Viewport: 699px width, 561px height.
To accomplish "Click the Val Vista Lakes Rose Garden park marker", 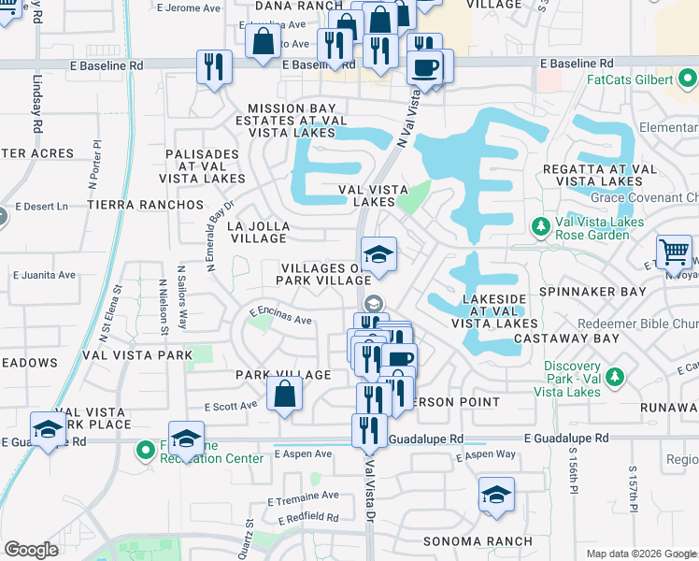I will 540,226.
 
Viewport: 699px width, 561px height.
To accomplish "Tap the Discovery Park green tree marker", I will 615,377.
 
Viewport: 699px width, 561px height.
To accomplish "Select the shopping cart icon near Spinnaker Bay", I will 674,252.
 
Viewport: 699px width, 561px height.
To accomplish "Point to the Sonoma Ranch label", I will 478,541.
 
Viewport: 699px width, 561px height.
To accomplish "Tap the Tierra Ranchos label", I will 145,204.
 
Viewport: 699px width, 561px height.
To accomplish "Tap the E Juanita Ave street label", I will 44,275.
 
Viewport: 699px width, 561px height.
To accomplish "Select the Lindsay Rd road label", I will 38,105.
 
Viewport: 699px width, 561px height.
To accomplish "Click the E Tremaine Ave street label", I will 302,496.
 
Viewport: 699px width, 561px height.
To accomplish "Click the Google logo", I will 31,550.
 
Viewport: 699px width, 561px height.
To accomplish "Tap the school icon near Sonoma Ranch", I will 496,495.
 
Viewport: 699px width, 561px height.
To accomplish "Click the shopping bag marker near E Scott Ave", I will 284,394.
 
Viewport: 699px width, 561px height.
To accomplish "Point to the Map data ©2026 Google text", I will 640,554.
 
